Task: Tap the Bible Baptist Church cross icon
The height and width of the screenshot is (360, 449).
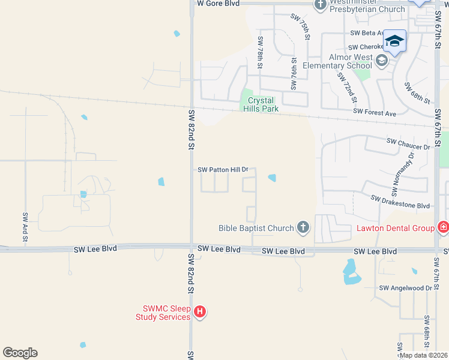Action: (x=303, y=227)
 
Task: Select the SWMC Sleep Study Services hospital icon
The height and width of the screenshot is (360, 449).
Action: (x=200, y=312)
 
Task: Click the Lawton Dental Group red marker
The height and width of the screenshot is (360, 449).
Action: (x=443, y=227)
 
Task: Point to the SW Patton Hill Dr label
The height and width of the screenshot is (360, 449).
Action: (x=223, y=170)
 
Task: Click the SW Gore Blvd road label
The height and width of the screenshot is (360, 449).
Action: (x=218, y=4)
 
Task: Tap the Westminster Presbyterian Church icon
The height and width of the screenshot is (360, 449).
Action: (x=321, y=5)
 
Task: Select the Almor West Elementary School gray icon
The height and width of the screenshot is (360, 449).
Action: (x=381, y=60)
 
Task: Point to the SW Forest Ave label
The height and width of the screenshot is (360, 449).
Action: (x=375, y=112)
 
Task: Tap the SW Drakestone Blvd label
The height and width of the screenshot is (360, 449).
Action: (x=400, y=202)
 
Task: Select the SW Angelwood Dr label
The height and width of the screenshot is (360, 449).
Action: (x=405, y=289)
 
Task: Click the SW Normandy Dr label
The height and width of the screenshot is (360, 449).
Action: (x=403, y=174)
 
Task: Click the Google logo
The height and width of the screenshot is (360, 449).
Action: (x=20, y=353)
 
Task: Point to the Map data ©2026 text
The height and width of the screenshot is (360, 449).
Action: (x=423, y=355)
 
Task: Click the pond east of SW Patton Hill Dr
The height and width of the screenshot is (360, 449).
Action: (x=272, y=178)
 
